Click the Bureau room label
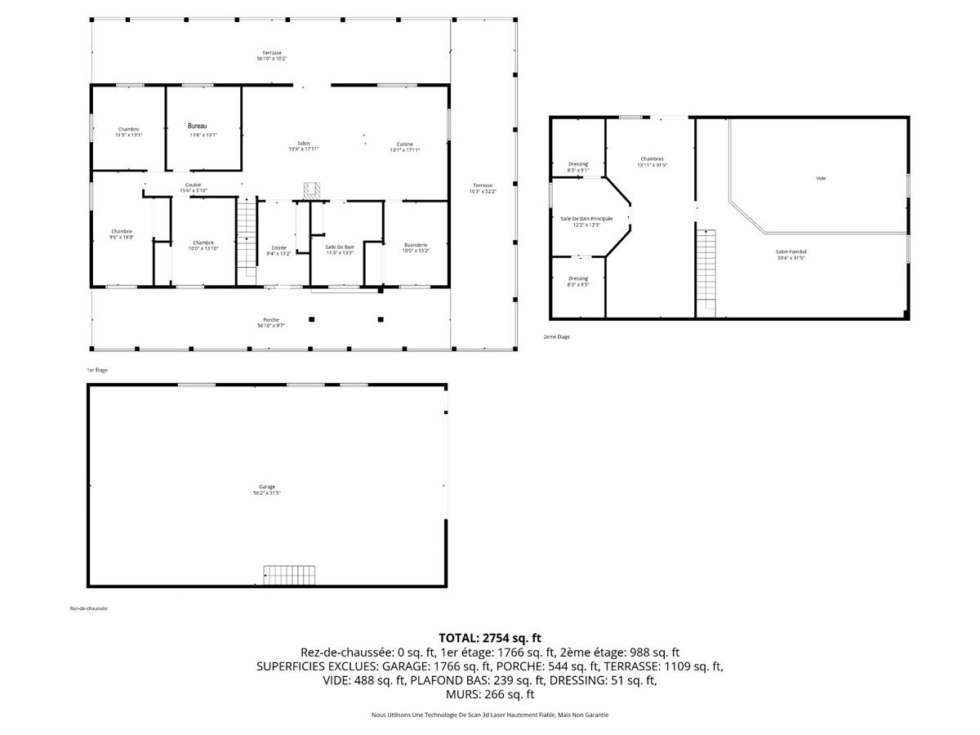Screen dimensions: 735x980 pyautogui.click(x=197, y=126)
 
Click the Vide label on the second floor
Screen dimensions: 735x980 pyautogui.click(x=821, y=178)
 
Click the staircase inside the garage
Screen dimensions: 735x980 pyautogui.click(x=288, y=575)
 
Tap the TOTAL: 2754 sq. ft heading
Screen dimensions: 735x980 pyautogui.click(x=490, y=638)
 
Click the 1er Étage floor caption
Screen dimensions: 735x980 pyautogui.click(x=97, y=370)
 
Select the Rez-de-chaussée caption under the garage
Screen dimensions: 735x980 pyautogui.click(x=89, y=608)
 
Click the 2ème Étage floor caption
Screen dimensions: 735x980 pyautogui.click(x=557, y=336)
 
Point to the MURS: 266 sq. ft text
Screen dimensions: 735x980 pyautogui.click(x=490, y=695)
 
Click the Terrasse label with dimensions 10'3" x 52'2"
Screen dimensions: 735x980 pyautogui.click(x=482, y=188)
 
